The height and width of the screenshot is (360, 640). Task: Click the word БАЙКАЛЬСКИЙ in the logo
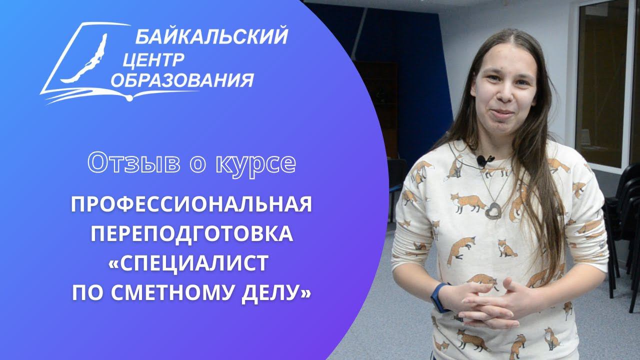click(211, 37)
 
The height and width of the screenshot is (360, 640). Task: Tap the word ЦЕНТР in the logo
click(153, 59)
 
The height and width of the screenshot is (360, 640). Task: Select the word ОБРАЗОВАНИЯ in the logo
click(182, 80)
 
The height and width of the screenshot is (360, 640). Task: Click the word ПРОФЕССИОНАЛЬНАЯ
click(191, 205)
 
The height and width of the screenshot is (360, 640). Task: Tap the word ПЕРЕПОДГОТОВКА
click(191, 233)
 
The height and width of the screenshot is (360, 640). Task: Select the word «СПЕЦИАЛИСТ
click(189, 262)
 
